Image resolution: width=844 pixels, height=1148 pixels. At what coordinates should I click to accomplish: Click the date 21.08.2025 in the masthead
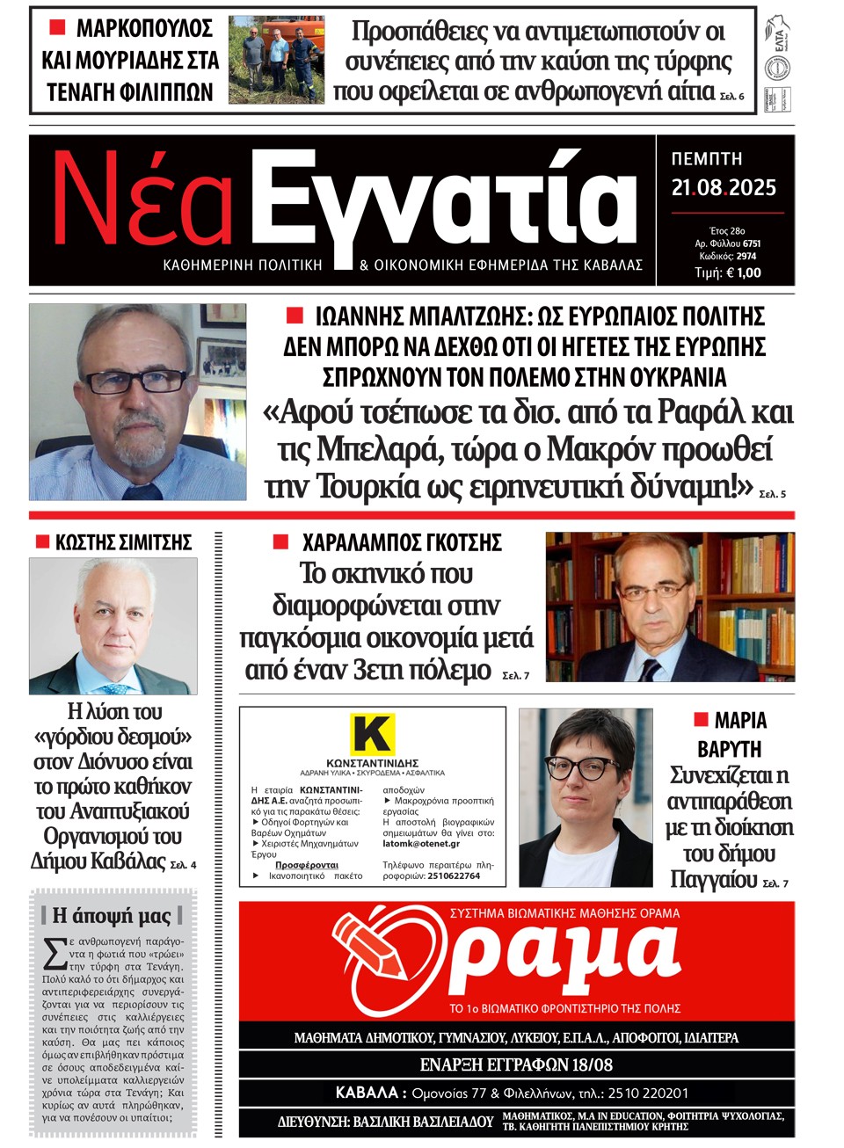(724, 187)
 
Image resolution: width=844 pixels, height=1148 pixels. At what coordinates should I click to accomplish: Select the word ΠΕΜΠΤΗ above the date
(707, 159)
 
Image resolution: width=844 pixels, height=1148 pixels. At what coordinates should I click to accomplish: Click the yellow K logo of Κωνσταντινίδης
(372, 733)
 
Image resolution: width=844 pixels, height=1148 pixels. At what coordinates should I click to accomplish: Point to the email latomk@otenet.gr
(421, 844)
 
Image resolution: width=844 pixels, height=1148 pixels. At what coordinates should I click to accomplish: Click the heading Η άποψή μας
(112, 915)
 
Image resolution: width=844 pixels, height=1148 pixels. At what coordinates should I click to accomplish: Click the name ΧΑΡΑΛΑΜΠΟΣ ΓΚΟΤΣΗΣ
(402, 542)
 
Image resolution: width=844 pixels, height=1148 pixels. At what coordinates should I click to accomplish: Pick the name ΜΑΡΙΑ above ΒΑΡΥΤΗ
(740, 721)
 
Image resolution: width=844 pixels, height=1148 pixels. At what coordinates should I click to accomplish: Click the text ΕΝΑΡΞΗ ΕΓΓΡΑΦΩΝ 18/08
(516, 1064)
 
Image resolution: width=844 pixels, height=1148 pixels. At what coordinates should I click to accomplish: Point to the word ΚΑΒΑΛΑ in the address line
(367, 1093)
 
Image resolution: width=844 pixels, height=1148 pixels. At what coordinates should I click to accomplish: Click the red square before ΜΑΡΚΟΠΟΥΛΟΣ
(58, 28)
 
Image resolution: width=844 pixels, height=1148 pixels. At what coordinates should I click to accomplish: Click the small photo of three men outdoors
(276, 61)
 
